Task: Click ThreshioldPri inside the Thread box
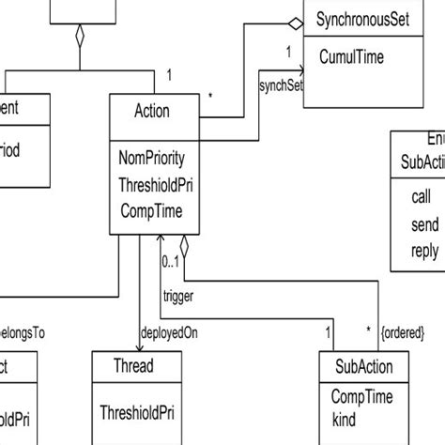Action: [140, 409]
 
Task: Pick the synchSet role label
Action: [281, 87]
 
